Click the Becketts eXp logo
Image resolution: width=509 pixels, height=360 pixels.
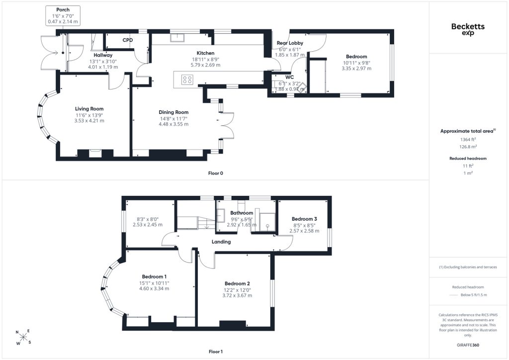468,29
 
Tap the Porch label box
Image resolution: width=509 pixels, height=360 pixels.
63,15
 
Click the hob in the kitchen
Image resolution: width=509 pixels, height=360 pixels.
187,80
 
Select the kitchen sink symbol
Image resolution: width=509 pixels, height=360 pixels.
177,37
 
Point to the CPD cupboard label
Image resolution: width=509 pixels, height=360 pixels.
128,40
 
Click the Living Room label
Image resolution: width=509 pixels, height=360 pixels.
89,109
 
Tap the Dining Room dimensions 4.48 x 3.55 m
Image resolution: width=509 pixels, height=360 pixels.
173,124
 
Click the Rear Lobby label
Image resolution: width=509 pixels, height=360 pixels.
290,43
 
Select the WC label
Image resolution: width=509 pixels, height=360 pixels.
290,77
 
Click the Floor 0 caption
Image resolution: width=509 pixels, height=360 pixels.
216,173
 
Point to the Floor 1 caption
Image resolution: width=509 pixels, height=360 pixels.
216,352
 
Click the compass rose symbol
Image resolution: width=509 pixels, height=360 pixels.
23,338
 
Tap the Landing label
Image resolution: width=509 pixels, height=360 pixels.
221,242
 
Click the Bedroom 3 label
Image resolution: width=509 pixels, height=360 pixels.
304,219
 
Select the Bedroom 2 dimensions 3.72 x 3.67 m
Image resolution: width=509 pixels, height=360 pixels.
237,295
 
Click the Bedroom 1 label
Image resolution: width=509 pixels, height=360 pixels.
154,276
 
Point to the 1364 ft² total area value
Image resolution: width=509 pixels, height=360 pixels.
468,139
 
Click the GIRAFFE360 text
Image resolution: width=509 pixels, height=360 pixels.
468,345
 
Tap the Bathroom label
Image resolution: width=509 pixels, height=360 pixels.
242,213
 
